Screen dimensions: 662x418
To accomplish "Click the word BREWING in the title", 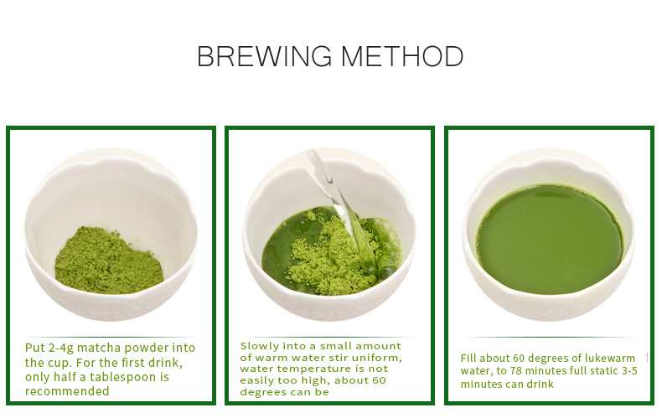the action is (x=264, y=56).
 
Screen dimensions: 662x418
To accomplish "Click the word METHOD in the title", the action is (x=402, y=56).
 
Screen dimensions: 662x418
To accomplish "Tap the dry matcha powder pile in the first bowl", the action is (x=108, y=261).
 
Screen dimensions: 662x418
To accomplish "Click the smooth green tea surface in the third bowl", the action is (x=550, y=240).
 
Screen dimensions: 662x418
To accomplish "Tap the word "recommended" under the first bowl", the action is (x=67, y=391).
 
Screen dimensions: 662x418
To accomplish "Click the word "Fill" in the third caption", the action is (x=468, y=358).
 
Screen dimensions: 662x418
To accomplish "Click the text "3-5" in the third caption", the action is (x=628, y=371).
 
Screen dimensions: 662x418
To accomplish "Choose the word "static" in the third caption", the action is (x=600, y=371).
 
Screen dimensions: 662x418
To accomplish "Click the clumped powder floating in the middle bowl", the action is (x=326, y=257).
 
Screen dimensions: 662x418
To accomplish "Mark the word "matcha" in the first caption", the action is (x=99, y=348).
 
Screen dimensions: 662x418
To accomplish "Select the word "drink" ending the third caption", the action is (x=540, y=384).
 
